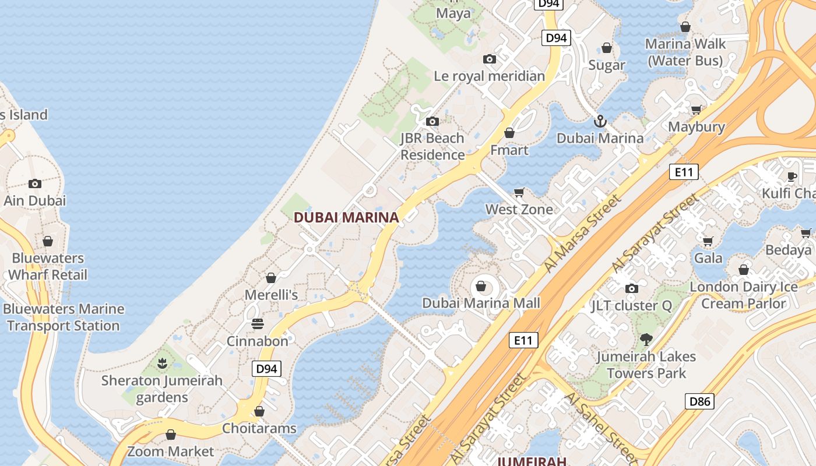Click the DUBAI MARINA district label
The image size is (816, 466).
pyautogui.click(x=346, y=217)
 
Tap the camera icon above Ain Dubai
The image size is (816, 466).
pyautogui.click(x=35, y=183)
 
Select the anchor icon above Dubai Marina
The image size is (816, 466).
pyautogui.click(x=600, y=121)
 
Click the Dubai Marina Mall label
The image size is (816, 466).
pyautogui.click(x=481, y=303)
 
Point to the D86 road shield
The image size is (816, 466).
pyautogui.click(x=699, y=401)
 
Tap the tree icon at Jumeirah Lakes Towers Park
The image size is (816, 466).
pyautogui.click(x=646, y=339)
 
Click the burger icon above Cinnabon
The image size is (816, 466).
pyautogui.click(x=258, y=324)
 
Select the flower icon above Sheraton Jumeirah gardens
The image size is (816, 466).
pyautogui.click(x=162, y=364)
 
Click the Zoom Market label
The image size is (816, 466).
pyautogui.click(x=171, y=451)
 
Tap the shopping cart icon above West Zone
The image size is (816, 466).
pyautogui.click(x=519, y=192)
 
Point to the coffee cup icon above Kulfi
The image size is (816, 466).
pyautogui.click(x=792, y=176)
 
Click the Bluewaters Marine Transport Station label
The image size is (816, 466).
pyautogui.click(x=64, y=317)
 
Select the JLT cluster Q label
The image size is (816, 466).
pyautogui.click(x=631, y=305)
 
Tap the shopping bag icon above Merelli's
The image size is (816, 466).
pyautogui.click(x=271, y=278)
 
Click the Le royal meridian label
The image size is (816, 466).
pyautogui.click(x=490, y=76)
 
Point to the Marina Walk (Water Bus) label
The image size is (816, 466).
pyautogui.click(x=685, y=52)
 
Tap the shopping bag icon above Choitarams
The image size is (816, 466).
pyautogui.click(x=259, y=411)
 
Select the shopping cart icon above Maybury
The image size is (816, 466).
pyautogui.click(x=697, y=110)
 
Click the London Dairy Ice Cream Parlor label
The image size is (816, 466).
pyautogui.click(x=744, y=295)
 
